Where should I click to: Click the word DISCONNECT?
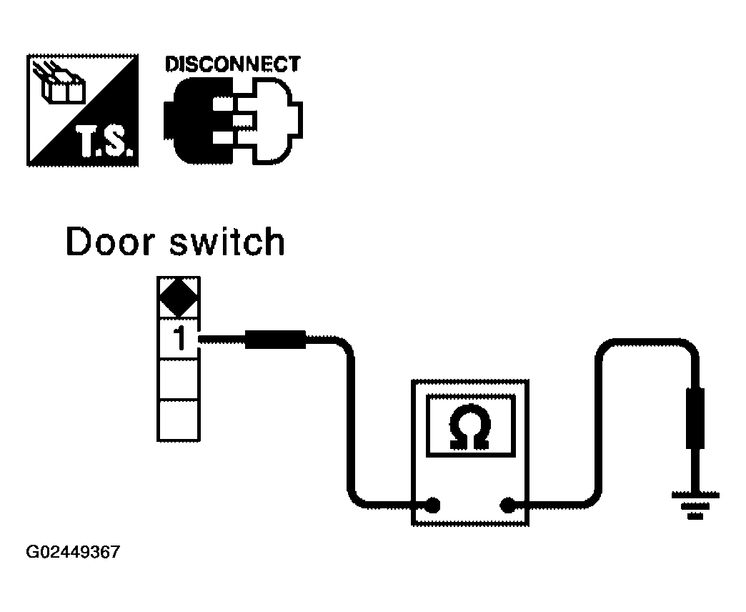click(x=233, y=64)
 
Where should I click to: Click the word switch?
click(x=227, y=242)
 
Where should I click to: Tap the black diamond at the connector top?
click(x=179, y=297)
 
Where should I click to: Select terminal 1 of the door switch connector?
click(x=179, y=338)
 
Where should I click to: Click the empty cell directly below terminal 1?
click(x=179, y=379)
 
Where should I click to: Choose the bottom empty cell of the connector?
click(x=179, y=420)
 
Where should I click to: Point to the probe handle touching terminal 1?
click(x=275, y=340)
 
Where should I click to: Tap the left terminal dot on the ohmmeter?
click(x=432, y=505)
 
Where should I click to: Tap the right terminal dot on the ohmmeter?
click(x=507, y=505)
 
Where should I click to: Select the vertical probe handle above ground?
click(x=695, y=418)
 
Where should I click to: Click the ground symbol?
click(x=695, y=506)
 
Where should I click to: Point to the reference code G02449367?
click(x=73, y=552)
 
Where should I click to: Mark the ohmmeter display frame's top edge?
click(x=470, y=395)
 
